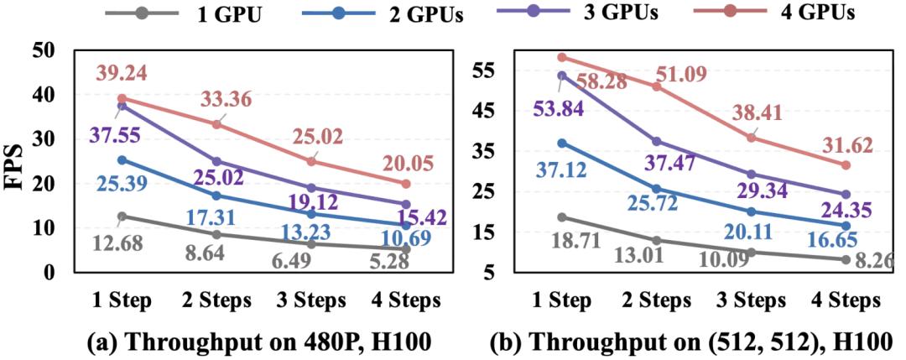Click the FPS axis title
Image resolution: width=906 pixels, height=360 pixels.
click(x=18, y=161)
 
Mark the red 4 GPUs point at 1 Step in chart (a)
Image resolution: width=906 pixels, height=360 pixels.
click(x=122, y=98)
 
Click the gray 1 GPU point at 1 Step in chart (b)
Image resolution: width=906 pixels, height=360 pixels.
click(x=562, y=217)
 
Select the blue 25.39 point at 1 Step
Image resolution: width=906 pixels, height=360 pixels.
click(x=122, y=159)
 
